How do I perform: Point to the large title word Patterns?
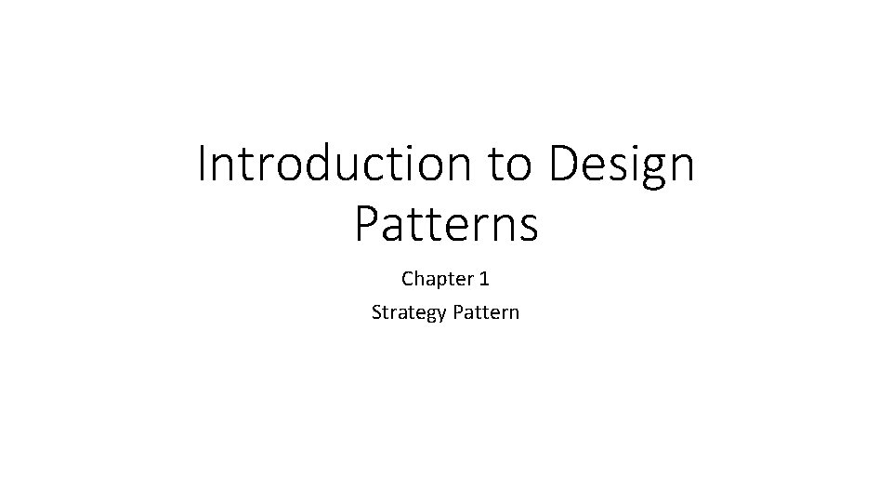coord(446,225)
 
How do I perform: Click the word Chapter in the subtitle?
coord(432,279)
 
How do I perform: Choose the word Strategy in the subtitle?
coord(409,312)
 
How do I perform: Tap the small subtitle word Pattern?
coord(486,312)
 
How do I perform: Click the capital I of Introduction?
coord(203,165)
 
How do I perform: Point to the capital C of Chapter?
coord(408,279)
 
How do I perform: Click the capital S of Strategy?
coord(376,312)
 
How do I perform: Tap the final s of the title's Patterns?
coord(529,229)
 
